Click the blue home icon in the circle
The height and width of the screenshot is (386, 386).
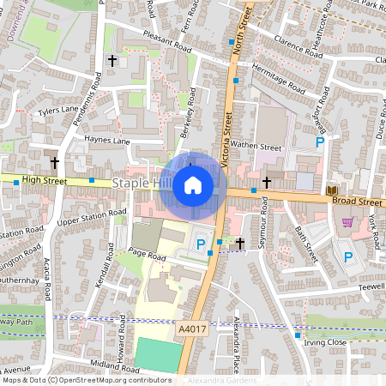pos(193,184)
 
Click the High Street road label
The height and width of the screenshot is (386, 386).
pos(45,179)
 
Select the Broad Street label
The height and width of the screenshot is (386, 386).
pos(356,202)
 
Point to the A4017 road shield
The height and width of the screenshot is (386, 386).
pos(193,328)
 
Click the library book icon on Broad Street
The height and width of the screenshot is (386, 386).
pos(332,190)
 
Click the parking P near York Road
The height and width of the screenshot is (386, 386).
pos(348,256)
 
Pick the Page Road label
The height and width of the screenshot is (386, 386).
pos(147,255)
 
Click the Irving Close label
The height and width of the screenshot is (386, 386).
pos(324,342)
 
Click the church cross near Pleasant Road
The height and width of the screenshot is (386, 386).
pos(112,61)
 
